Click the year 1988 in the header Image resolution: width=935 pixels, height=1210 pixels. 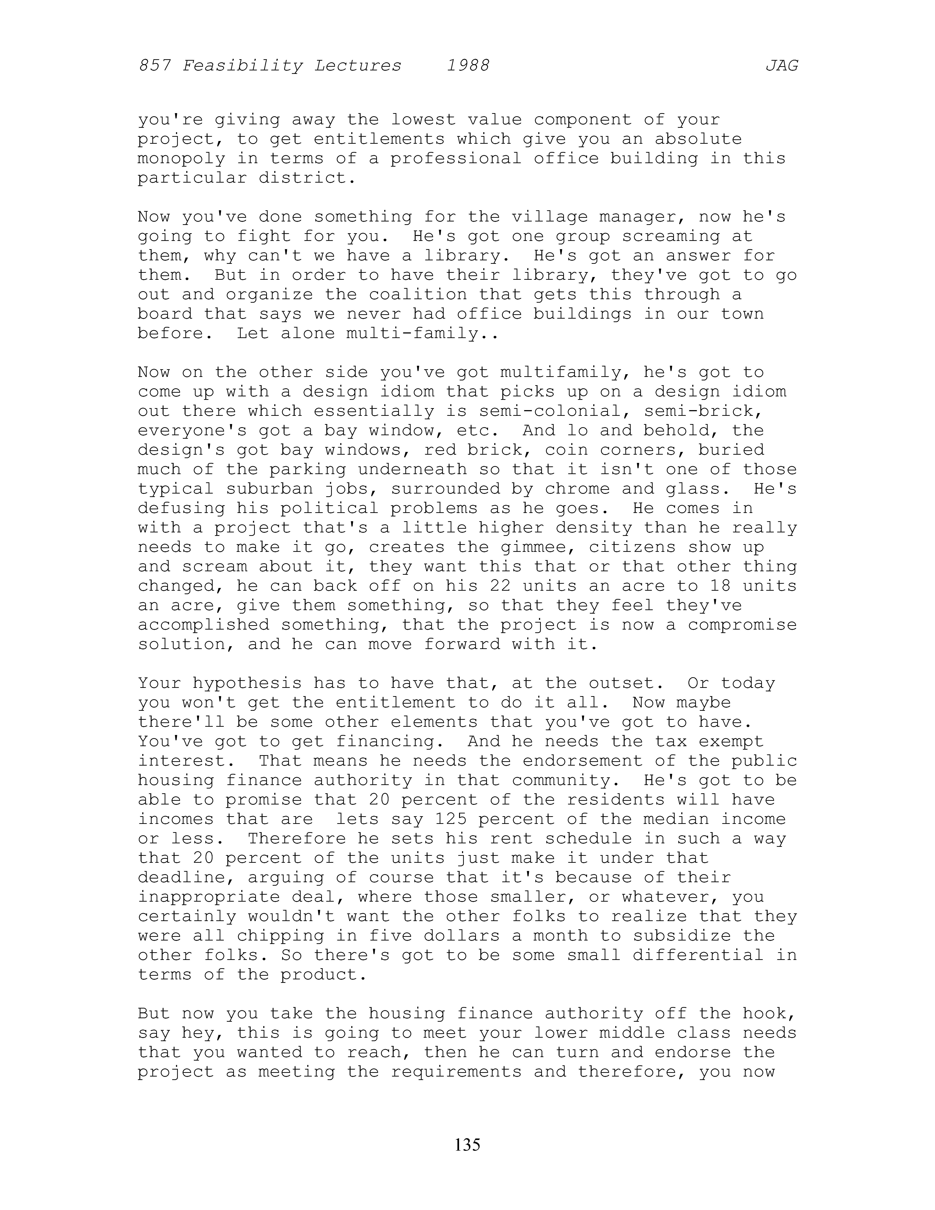click(x=468, y=66)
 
